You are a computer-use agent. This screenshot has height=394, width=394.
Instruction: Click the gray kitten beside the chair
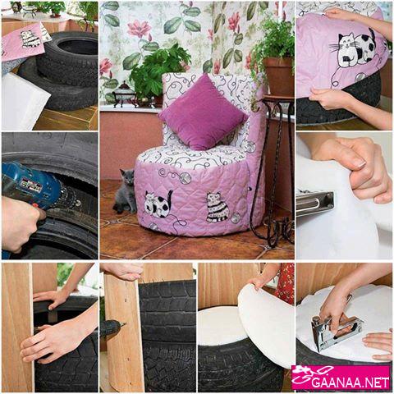[125, 191]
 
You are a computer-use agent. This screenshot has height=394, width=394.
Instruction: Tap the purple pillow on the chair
[203, 112]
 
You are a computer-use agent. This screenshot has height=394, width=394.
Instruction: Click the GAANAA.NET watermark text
[350, 382]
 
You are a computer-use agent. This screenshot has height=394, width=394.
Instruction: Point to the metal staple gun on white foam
[336, 331]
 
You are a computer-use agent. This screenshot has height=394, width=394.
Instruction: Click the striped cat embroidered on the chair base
[218, 208]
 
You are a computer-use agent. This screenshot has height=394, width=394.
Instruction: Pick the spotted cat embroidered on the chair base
[158, 204]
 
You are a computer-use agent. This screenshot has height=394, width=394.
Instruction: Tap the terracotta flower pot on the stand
[278, 76]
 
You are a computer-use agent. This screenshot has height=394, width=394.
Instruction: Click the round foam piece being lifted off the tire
[265, 323]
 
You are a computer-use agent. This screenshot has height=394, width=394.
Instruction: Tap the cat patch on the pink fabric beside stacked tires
[30, 39]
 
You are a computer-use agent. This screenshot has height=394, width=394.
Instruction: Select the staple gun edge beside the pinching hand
[315, 203]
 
